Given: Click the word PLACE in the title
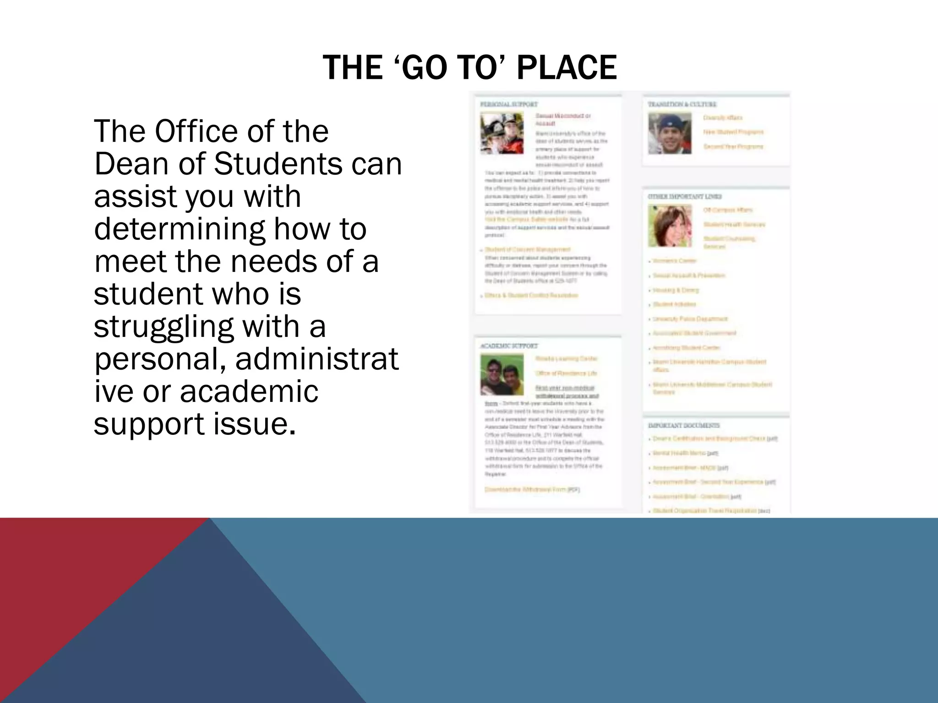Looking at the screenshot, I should click(567, 68).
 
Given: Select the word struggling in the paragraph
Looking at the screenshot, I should click(164, 327).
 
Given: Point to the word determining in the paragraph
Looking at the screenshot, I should click(179, 229).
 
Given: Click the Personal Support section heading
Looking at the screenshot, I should click(508, 104).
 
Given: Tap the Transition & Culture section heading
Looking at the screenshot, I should click(682, 104).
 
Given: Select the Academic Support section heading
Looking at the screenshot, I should click(509, 346).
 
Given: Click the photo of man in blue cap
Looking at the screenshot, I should click(670, 133).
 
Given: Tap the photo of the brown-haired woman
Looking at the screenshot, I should click(670, 226).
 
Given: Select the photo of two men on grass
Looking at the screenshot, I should click(502, 375).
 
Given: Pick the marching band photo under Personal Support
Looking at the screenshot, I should click(502, 133).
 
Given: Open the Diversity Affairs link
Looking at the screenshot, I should click(722, 118).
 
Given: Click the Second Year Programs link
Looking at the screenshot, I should click(733, 146).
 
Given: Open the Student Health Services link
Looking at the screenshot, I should click(734, 224).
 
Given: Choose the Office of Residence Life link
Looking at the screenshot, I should click(566, 373).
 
